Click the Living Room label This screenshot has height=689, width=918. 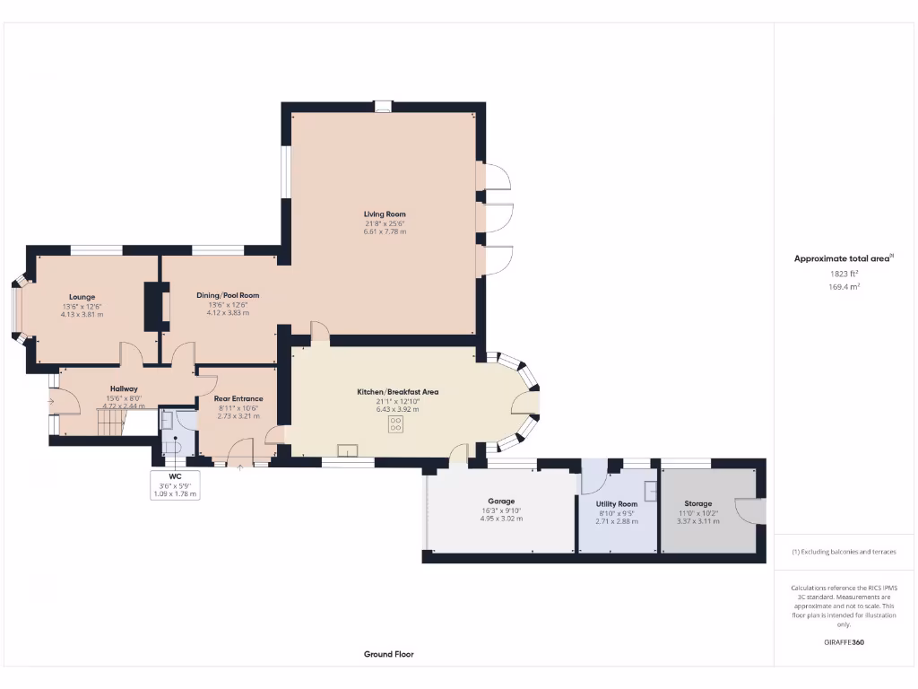[x=384, y=214]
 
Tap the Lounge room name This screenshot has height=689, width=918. [x=82, y=296]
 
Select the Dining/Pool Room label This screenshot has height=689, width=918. [x=228, y=294]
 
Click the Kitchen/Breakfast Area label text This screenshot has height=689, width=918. [x=407, y=392]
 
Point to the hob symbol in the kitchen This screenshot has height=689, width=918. [x=395, y=425]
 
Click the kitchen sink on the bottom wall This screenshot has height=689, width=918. [x=347, y=450]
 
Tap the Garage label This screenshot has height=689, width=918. [x=501, y=501]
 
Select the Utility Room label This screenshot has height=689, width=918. [x=616, y=504]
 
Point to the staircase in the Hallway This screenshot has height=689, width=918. [x=108, y=422]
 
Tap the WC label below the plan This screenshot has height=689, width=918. [x=175, y=475]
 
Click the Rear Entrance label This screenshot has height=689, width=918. [x=238, y=398]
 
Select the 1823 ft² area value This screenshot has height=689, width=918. [x=843, y=273]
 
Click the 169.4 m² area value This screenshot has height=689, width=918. [x=843, y=286]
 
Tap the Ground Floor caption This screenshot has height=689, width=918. [x=388, y=654]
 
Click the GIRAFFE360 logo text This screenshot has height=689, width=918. [x=844, y=642]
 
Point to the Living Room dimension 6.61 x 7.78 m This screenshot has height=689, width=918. [x=384, y=231]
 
